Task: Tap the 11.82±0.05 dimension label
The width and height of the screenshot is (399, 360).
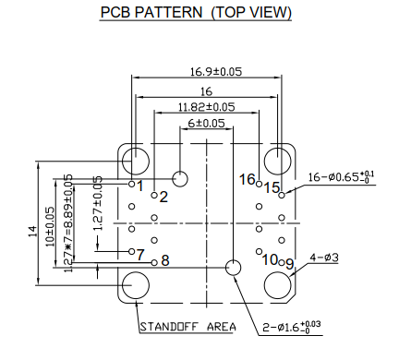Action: point(206,107)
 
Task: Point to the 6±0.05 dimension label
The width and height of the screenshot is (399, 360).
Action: point(206,123)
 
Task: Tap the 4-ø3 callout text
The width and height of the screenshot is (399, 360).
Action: point(323,258)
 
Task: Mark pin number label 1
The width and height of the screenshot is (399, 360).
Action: point(140,187)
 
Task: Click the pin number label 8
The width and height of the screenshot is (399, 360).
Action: point(165,261)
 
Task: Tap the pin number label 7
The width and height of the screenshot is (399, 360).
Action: point(140,255)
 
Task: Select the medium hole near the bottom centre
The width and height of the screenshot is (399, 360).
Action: point(234,267)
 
